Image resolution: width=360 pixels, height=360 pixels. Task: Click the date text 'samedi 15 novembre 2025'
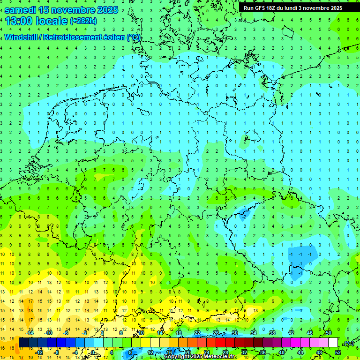click(61, 10)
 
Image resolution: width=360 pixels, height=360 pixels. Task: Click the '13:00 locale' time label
click(37, 21)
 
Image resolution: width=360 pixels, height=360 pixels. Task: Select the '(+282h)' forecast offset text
click(83, 21)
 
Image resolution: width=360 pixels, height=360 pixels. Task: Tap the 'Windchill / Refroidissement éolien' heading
click(65, 37)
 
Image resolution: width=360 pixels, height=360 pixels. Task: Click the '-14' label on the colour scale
click(30, 333)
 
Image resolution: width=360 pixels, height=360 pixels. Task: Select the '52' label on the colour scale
click(338, 352)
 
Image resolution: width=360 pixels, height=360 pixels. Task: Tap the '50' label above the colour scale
click(329, 333)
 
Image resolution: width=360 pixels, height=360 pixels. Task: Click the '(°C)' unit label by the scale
click(349, 343)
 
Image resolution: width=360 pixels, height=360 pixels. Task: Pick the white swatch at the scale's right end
click(333, 343)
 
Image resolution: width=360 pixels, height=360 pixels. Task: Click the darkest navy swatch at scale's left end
click(23, 343)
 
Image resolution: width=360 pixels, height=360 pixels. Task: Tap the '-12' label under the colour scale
click(39, 352)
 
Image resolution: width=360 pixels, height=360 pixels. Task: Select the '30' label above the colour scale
click(235, 333)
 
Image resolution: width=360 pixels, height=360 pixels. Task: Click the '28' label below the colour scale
click(225, 352)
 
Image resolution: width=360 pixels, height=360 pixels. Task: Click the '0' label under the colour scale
click(93, 352)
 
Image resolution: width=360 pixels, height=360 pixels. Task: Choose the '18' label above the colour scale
click(179, 333)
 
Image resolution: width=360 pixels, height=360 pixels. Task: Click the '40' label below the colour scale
click(282, 352)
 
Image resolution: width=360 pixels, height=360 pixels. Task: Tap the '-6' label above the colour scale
click(66, 333)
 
